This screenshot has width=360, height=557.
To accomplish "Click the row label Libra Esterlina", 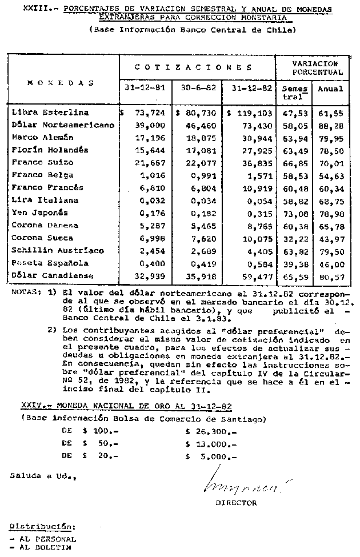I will [50, 113].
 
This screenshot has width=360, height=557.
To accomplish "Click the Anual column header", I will [331, 89].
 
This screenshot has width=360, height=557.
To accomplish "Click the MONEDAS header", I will [61, 83].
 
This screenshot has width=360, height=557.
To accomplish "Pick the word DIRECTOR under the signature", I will [236, 503].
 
